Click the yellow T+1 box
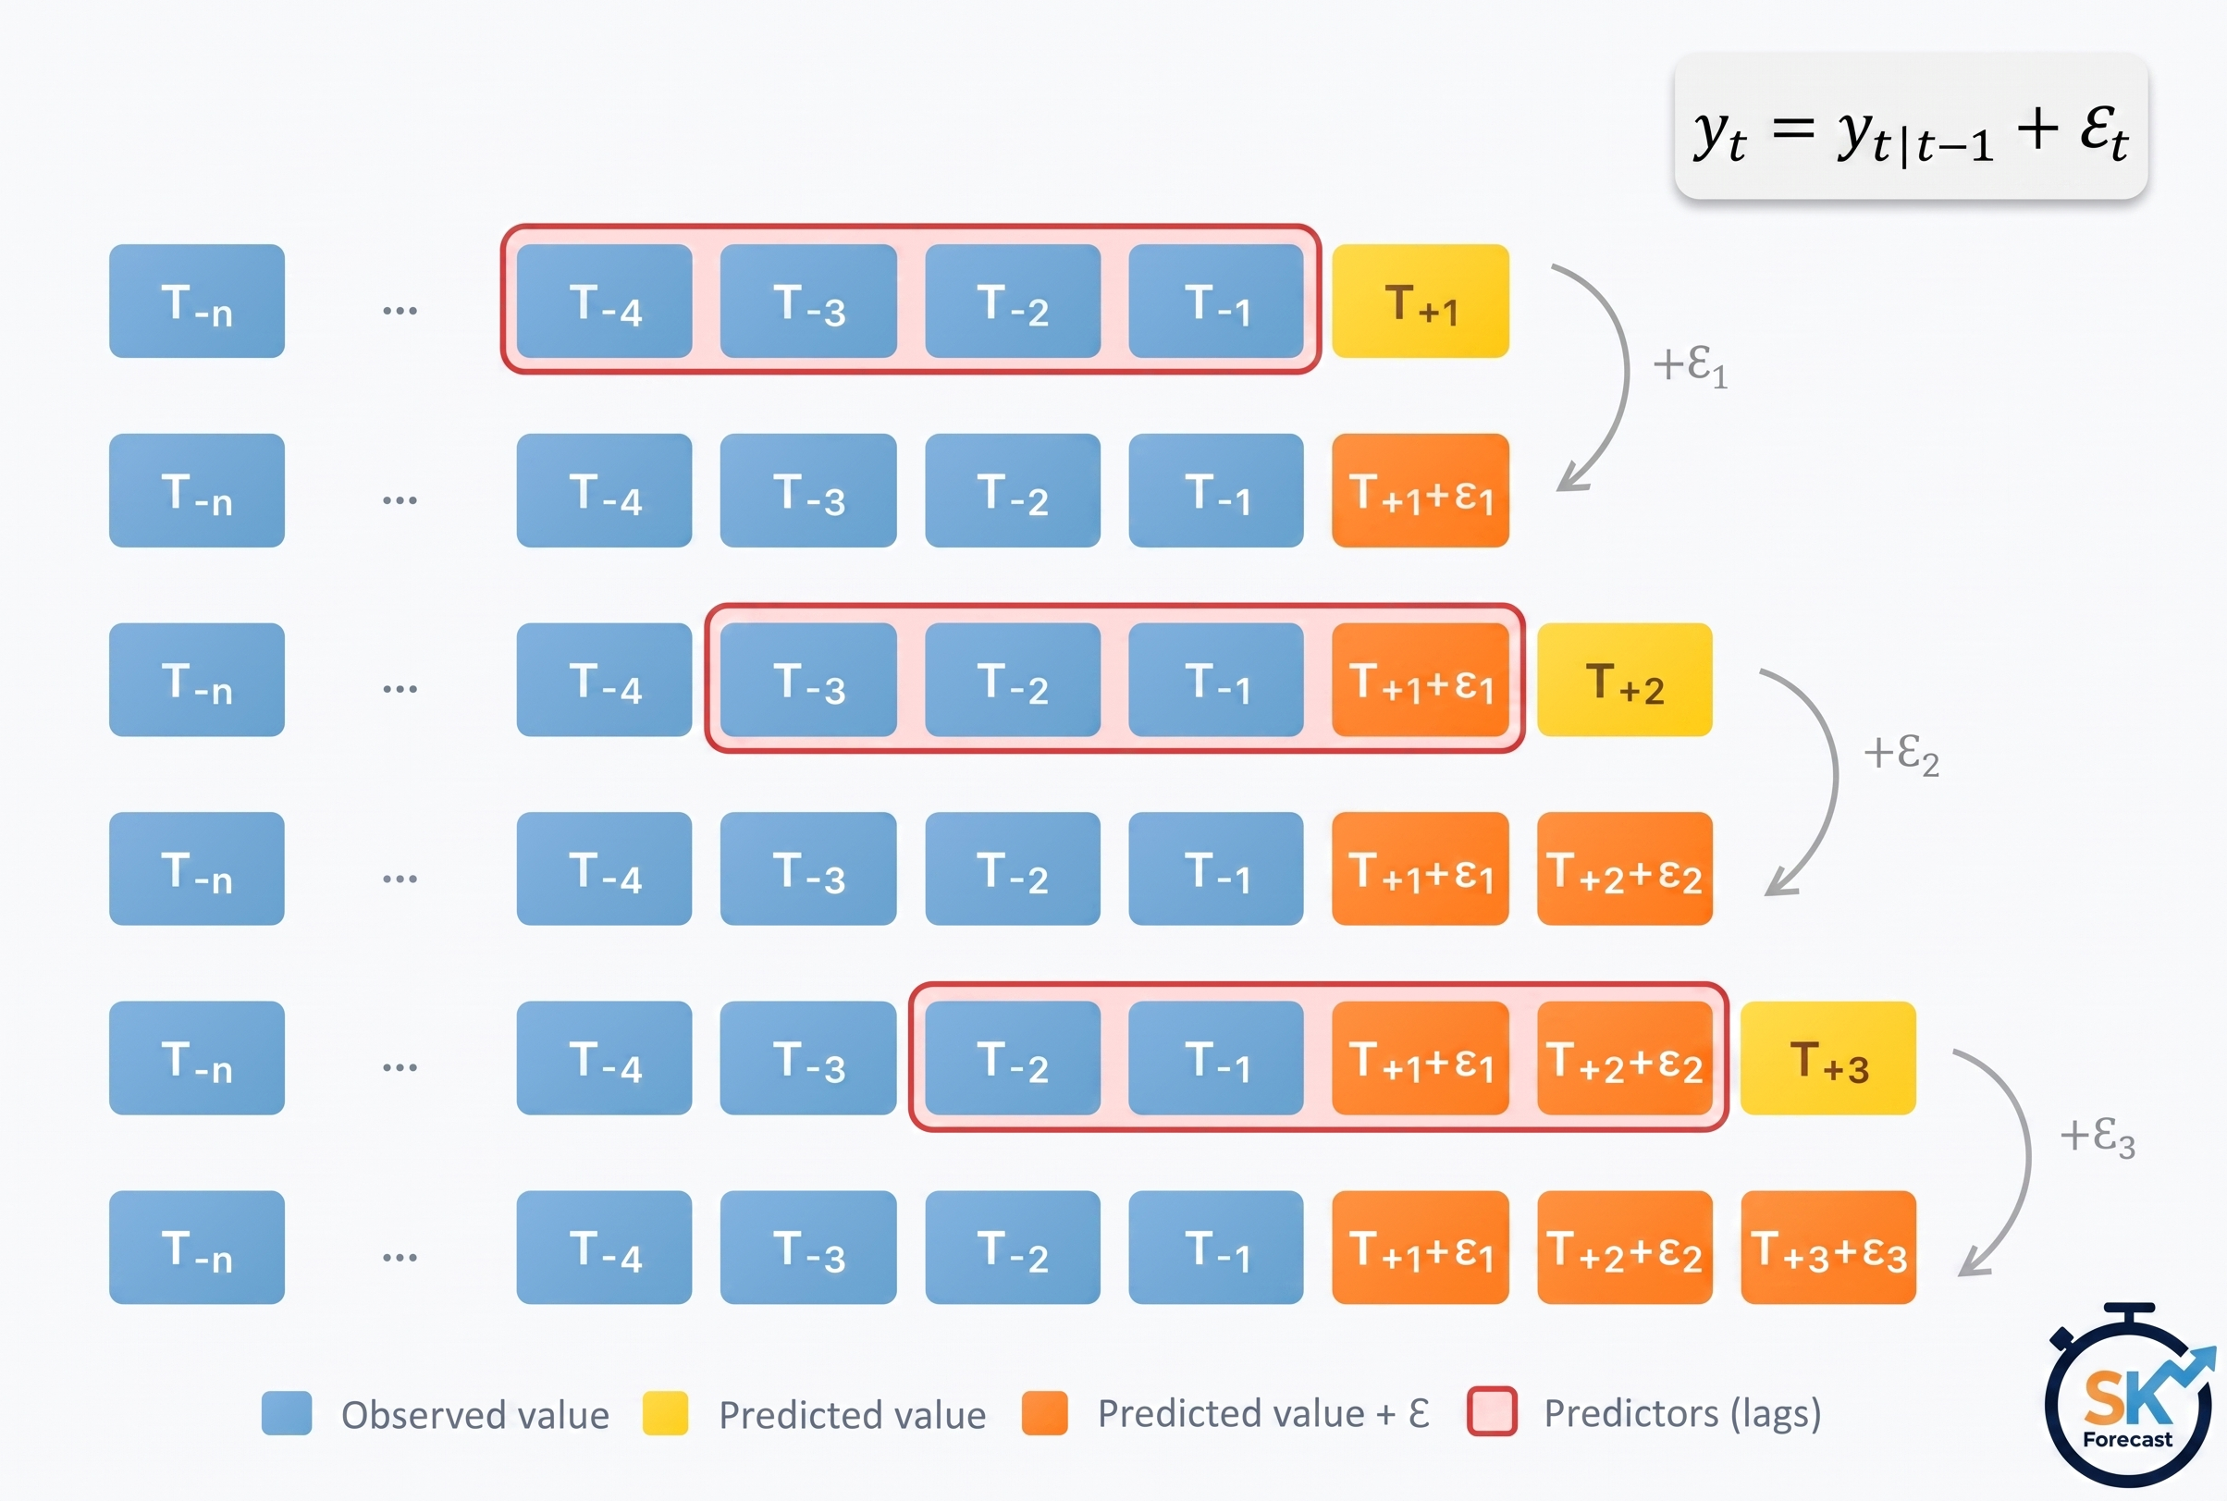point(1421,301)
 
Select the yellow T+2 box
point(1624,680)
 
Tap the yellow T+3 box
point(1827,1058)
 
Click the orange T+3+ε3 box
point(1827,1248)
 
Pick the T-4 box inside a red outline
point(604,301)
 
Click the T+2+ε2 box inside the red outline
point(1624,1058)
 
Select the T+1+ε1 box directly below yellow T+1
point(1421,490)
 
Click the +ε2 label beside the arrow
point(1901,756)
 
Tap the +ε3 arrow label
point(2098,1138)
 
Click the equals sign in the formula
point(1792,129)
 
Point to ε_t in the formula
point(2104,132)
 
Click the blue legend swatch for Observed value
point(287,1413)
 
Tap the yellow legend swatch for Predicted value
point(665,1413)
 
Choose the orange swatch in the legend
point(1044,1413)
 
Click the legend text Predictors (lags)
point(1682,1414)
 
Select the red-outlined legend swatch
point(1492,1412)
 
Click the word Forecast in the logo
point(2127,1439)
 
